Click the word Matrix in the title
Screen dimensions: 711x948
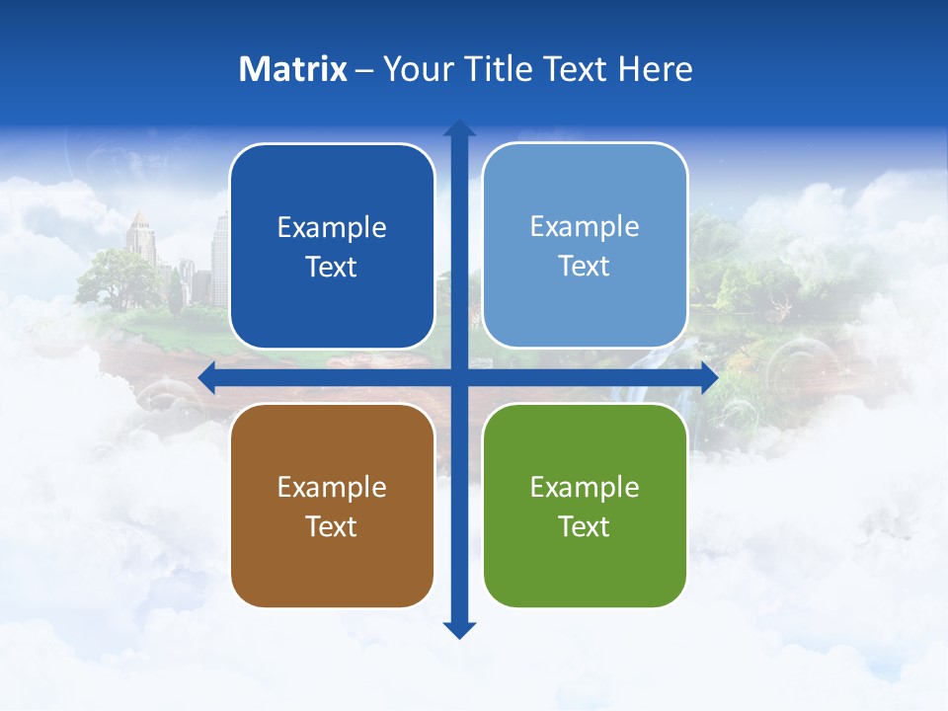pyautogui.click(x=293, y=69)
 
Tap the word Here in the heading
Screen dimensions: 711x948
pyautogui.click(x=656, y=69)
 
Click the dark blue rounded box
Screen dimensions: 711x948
pyautogui.click(x=332, y=247)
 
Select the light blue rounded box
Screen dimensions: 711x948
pyautogui.click(x=585, y=246)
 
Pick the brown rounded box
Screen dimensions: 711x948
pyautogui.click(x=332, y=506)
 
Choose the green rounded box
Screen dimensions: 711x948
pyautogui.click(x=585, y=506)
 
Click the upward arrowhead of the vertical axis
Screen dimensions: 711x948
pyautogui.click(x=459, y=128)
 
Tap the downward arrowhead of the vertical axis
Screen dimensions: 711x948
pyautogui.click(x=459, y=629)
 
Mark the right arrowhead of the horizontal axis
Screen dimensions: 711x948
pyautogui.click(x=709, y=377)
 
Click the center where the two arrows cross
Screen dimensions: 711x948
pyautogui.click(x=459, y=377)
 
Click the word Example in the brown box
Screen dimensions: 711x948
pyautogui.click(x=332, y=487)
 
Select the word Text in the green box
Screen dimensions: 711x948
pyautogui.click(x=585, y=526)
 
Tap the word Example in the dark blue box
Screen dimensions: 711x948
pyautogui.click(x=332, y=228)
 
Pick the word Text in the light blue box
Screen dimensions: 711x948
pyautogui.click(x=585, y=267)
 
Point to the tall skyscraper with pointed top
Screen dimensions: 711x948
pyautogui.click(x=140, y=242)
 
